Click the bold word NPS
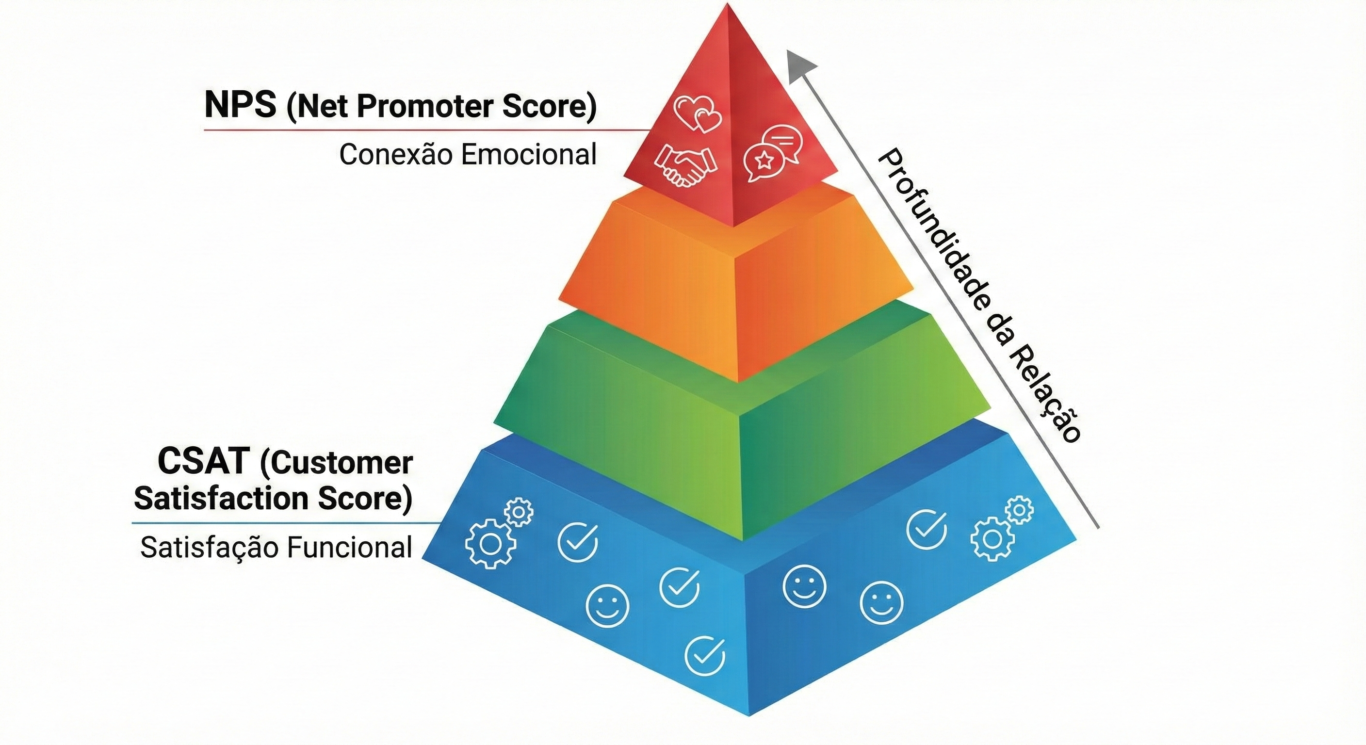(240, 106)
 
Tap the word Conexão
(396, 155)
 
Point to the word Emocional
(529, 155)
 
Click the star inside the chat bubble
(764, 159)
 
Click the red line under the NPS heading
(424, 130)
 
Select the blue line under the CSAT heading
(286, 523)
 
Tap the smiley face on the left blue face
(608, 605)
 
